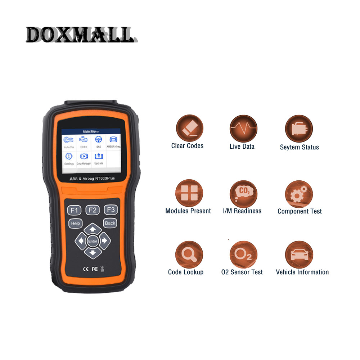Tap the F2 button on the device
93,210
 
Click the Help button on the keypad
75,223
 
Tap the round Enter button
93,241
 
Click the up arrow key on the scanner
93,229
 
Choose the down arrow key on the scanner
93,253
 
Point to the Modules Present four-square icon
189,193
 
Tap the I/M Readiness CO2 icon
243,193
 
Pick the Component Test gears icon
299,194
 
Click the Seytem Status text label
299,147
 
